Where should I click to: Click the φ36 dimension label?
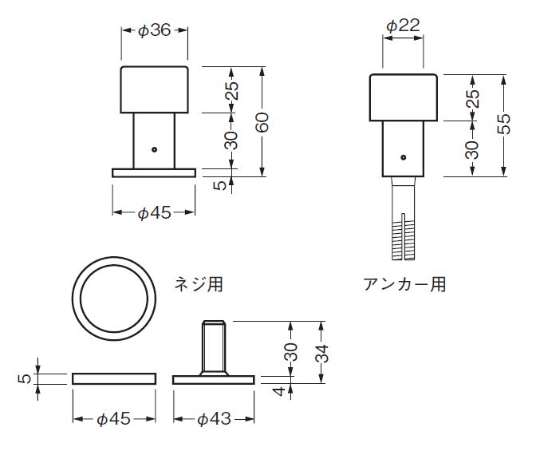[154, 30]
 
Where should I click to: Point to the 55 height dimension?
[503, 123]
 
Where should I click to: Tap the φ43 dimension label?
[214, 418]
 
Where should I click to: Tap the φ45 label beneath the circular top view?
[112, 418]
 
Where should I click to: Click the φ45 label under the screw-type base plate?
[154, 212]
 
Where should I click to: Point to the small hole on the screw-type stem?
[155, 148]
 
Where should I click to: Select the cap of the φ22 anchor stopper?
[404, 97]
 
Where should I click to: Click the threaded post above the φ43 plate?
[214, 348]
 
